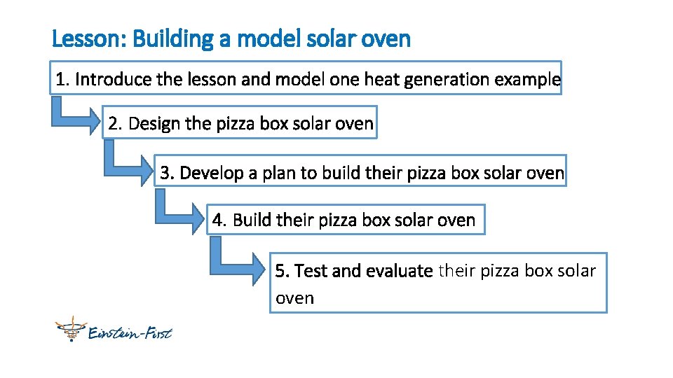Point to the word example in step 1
[x=527, y=80]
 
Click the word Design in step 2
[x=154, y=124]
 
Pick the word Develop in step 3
[x=211, y=173]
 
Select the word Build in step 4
[x=252, y=220]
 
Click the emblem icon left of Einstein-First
[x=69, y=329]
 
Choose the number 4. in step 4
[x=220, y=220]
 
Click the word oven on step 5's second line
[x=294, y=298]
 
